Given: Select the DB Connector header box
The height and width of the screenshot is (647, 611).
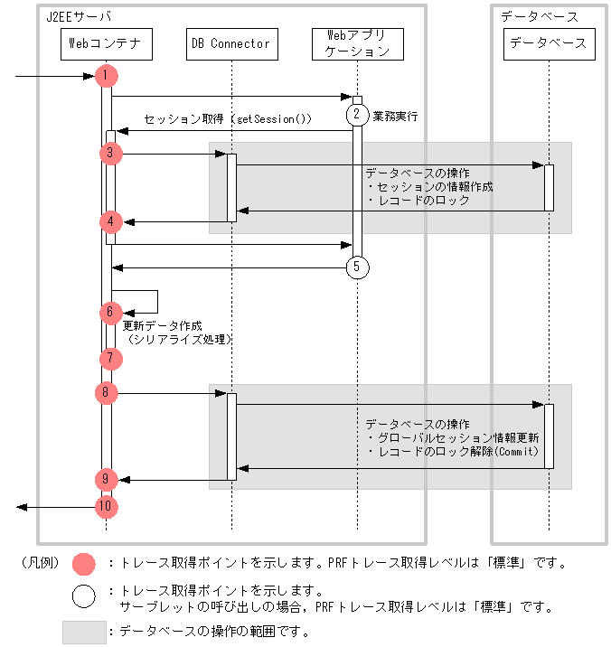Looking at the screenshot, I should click(230, 43).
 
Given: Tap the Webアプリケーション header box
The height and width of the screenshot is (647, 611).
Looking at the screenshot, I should click(357, 43).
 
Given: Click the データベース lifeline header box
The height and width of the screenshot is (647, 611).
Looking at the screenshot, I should click(549, 43).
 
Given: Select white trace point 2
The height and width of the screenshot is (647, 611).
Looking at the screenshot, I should click(357, 114).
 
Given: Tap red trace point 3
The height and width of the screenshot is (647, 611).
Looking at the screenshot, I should click(109, 153).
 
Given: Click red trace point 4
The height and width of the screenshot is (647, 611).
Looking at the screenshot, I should click(108, 220).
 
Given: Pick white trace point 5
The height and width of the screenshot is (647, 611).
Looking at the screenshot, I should click(357, 267).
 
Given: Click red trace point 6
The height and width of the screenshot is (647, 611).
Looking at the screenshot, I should click(108, 312).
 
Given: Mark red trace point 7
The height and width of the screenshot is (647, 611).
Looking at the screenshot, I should click(108, 358).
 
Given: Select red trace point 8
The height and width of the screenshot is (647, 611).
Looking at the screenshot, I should click(106, 392).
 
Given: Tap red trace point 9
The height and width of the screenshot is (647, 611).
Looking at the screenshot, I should click(106, 479).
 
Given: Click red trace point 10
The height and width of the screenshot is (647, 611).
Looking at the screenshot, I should click(107, 507).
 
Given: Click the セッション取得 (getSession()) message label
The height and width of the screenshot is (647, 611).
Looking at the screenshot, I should click(228, 119).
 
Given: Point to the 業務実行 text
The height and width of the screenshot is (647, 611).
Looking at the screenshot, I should click(395, 117).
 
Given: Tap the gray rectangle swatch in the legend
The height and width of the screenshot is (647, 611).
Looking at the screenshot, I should click(83, 632).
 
